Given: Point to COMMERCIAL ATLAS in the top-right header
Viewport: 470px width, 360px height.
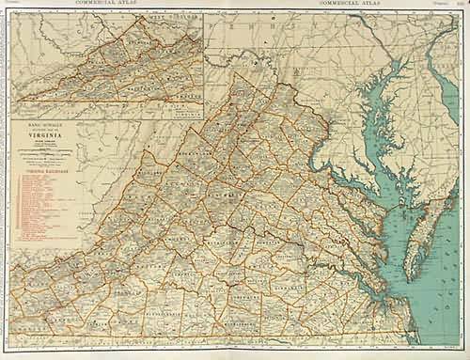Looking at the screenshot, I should point(352,5).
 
